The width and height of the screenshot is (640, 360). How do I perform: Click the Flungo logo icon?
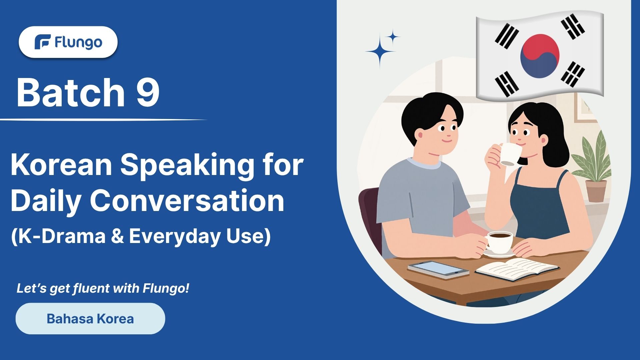(x=43, y=42)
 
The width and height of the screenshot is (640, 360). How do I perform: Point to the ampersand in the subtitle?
(x=117, y=236)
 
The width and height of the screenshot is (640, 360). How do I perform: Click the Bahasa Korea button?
(x=90, y=319)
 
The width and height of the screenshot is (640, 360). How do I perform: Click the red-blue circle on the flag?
(x=540, y=56)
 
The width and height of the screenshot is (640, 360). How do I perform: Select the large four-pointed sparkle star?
(x=380, y=52)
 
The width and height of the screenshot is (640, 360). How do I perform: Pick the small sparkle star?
(x=393, y=37)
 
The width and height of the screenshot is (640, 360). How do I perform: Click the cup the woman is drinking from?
(x=509, y=154)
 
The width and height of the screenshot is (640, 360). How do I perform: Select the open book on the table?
(x=516, y=268)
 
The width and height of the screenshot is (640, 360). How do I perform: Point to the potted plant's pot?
(x=596, y=191)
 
